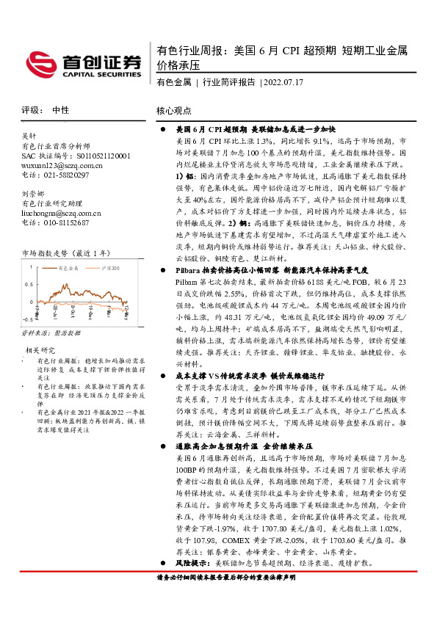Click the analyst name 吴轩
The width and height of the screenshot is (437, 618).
[29, 136]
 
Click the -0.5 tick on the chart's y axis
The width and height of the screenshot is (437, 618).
[28, 320]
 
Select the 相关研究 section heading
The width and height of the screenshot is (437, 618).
[41, 350]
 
